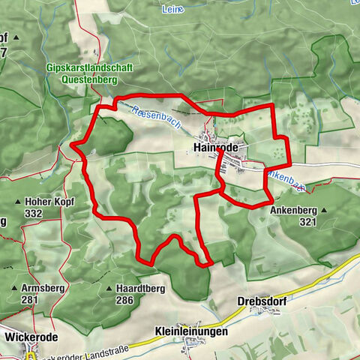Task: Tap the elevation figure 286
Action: click(124, 300)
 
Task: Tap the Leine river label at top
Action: click(172, 10)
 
